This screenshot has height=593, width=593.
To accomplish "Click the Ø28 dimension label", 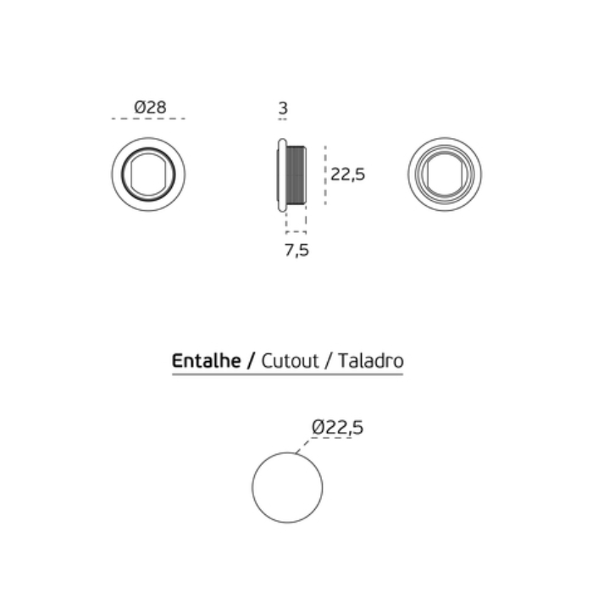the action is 150,107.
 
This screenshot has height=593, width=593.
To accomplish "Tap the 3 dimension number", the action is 283,108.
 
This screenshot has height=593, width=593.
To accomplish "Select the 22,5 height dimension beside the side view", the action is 347,175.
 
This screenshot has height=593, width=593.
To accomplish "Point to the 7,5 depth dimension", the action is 296,250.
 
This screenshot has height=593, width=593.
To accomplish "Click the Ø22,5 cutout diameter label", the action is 337,427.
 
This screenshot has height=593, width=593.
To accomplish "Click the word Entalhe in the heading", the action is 206,360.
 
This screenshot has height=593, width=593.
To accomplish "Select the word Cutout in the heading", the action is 290,361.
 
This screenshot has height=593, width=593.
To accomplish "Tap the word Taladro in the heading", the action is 371,361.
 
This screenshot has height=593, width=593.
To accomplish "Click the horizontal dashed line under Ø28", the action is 148,119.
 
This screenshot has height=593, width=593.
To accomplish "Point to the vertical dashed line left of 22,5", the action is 325,175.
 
